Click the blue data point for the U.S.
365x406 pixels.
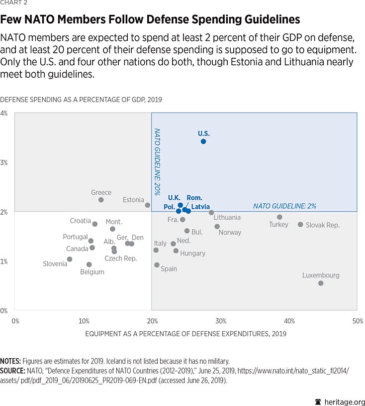pyautogui.click(x=203, y=141)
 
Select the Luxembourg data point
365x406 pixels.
pyautogui.click(x=321, y=283)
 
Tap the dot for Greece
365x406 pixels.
pyautogui.click(x=101, y=200)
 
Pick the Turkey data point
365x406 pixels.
pyautogui.click(x=279, y=217)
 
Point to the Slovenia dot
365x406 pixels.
pyautogui.click(x=70, y=259)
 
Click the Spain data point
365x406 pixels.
pyautogui.click(x=157, y=265)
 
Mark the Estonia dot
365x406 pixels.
pyautogui.click(x=148, y=205)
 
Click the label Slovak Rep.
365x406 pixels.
pyautogui.click(x=322, y=225)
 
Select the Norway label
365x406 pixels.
pyautogui.click(x=230, y=233)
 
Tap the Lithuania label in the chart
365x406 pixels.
pyautogui.click(x=227, y=218)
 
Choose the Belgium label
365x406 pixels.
pyautogui.click(x=92, y=272)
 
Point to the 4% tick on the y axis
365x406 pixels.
pyautogui.click(x=4, y=114)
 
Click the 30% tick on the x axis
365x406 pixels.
pyautogui.click(x=221, y=321)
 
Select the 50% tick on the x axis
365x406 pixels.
pyautogui.click(x=357, y=321)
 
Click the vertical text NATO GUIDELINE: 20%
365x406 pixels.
pyautogui.click(x=157, y=161)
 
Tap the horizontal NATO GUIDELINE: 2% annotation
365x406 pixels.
pyautogui.click(x=284, y=206)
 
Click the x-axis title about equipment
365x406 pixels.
pyautogui.click(x=186, y=334)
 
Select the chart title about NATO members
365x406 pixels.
pyautogui.click(x=150, y=19)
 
